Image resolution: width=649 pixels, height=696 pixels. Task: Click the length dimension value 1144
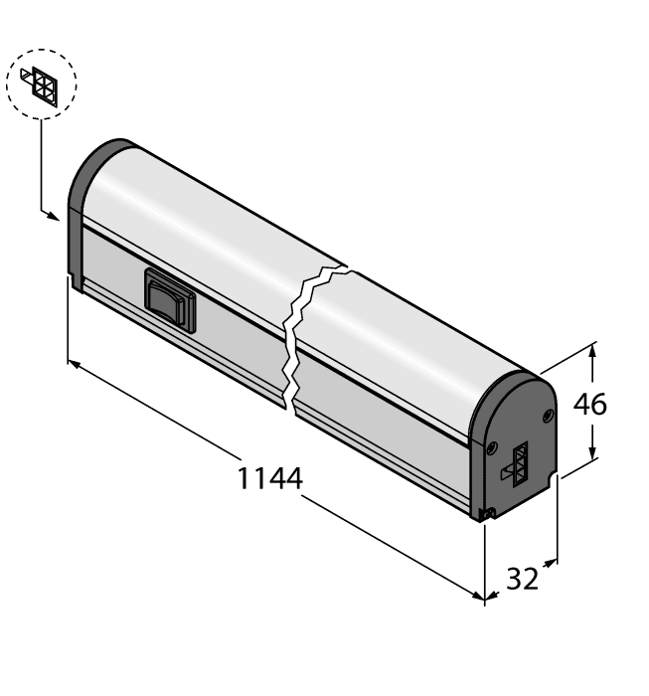coord(269,478)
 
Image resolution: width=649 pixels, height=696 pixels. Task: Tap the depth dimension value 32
coord(522,578)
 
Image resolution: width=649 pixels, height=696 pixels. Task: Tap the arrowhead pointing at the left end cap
coord(59,214)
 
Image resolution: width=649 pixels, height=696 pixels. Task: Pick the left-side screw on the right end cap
coord(490,447)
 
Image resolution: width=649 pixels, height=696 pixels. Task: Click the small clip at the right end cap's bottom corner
coord(486,513)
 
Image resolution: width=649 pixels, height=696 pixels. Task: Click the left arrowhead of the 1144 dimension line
coord(73,364)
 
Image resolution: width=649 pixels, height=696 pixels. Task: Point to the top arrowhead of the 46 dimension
coord(593,349)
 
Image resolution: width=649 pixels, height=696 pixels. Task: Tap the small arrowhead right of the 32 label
coord(549,564)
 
